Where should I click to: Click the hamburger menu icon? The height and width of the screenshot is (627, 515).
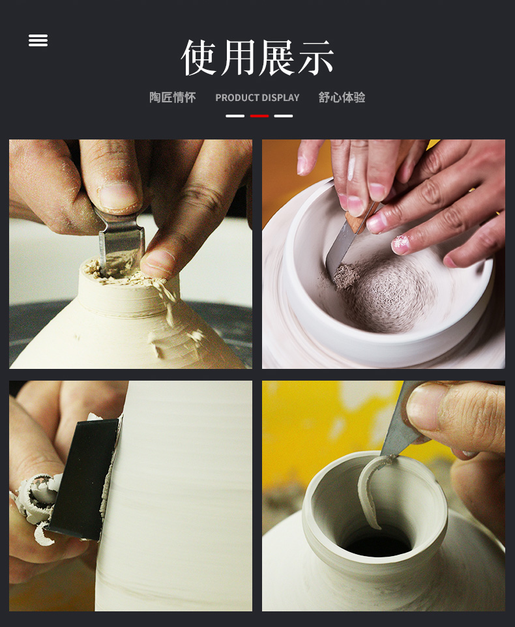38,40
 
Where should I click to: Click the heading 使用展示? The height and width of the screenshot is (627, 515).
257,57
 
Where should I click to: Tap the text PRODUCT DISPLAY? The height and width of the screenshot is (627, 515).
257,98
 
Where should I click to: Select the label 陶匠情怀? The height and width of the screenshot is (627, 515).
173,97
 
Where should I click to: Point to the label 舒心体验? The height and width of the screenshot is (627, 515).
342,97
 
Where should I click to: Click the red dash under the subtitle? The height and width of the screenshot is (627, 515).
259,116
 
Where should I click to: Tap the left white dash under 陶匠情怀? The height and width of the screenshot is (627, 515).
235,116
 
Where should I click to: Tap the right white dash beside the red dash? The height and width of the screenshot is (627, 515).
284,116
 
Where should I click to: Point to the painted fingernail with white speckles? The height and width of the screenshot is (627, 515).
401,244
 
